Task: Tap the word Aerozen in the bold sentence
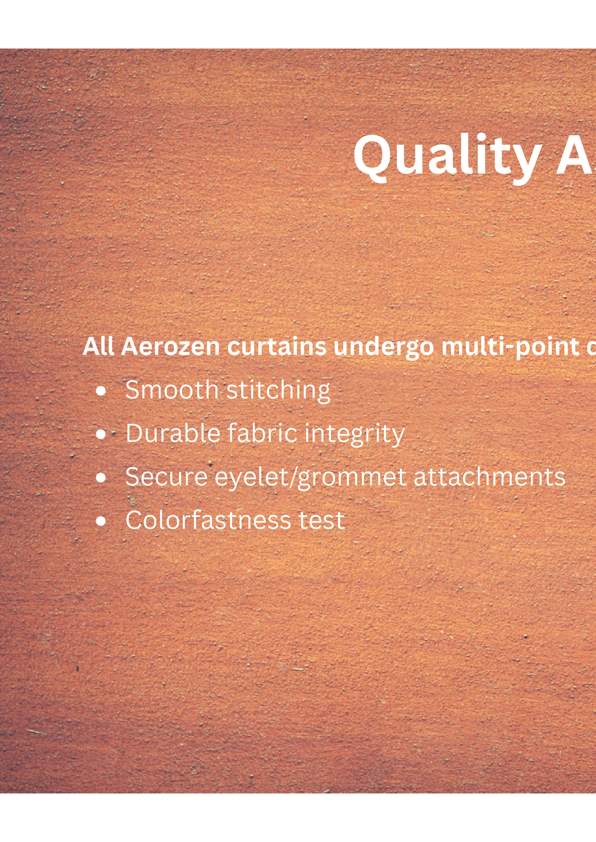click(170, 347)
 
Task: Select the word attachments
click(489, 477)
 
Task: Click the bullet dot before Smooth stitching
click(101, 391)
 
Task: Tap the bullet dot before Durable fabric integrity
click(101, 435)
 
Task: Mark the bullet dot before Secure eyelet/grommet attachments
click(101, 478)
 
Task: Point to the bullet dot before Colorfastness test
click(101, 522)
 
